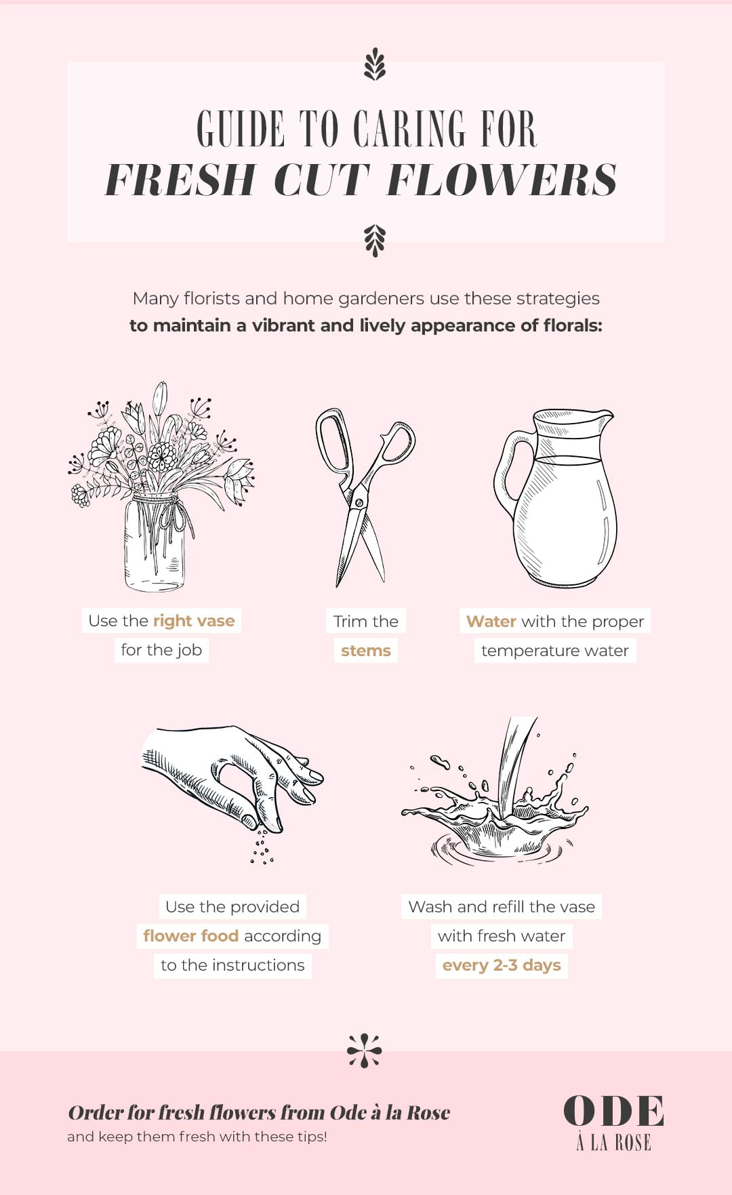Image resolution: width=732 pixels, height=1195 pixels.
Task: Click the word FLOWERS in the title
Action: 502,180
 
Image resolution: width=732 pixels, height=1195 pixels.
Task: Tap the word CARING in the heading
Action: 409,129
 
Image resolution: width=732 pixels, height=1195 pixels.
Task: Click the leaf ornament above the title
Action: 374,65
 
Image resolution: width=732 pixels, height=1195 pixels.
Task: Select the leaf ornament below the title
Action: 374,241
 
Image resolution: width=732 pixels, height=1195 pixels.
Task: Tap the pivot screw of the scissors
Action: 357,502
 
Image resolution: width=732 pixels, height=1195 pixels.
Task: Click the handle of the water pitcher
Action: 510,474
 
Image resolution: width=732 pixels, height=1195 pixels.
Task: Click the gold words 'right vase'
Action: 194,621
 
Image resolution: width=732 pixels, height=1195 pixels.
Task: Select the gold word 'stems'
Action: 366,651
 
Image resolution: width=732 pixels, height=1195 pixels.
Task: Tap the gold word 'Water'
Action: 491,622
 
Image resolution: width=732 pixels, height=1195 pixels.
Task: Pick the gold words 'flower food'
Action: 190,936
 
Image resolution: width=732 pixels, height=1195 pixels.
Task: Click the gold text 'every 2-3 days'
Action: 502,965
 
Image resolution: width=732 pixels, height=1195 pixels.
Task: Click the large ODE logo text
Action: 613,1112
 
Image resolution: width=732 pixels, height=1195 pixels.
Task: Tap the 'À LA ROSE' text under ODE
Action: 613,1143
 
